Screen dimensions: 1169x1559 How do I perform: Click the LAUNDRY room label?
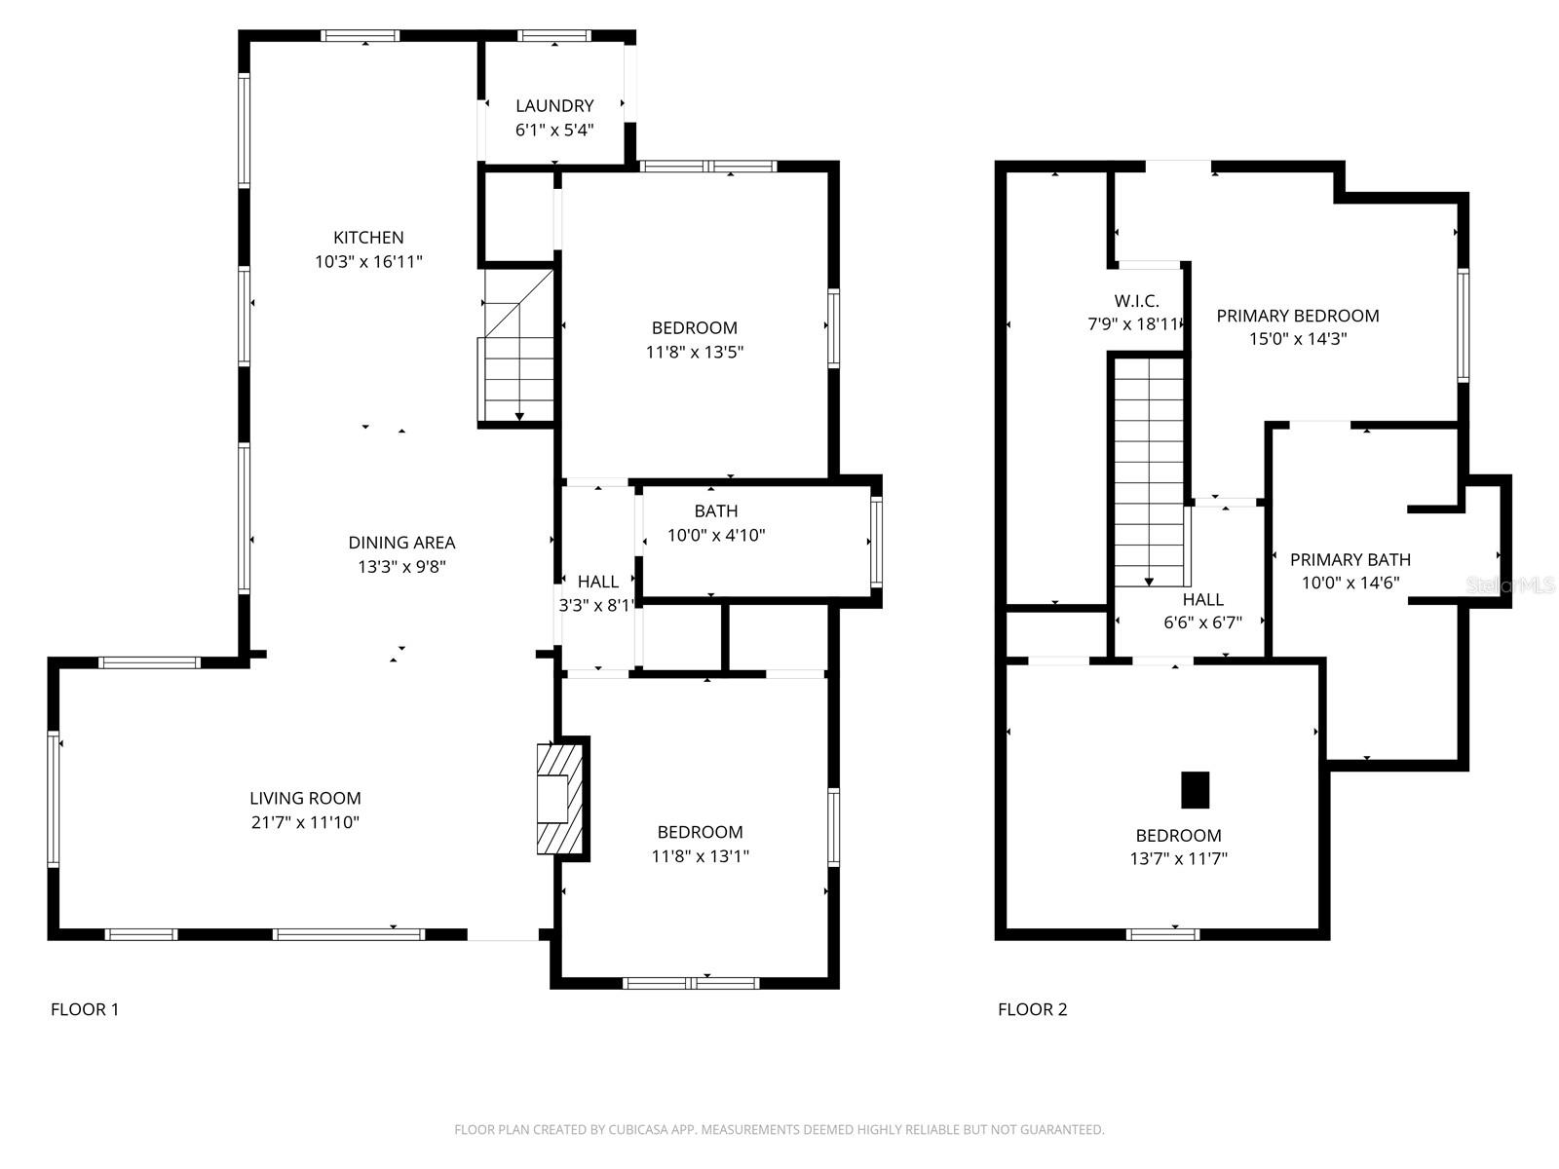(554, 105)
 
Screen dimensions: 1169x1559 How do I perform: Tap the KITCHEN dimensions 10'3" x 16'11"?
(368, 261)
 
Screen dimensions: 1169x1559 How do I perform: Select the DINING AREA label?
(401, 543)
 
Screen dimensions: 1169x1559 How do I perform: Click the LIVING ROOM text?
(305, 798)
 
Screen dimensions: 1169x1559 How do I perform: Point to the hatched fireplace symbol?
(561, 799)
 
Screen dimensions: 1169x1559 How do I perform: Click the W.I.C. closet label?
(1136, 301)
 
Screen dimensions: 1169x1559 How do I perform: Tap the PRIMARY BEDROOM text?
(1297, 316)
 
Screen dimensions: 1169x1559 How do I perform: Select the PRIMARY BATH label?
(1350, 559)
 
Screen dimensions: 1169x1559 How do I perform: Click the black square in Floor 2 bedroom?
(1195, 789)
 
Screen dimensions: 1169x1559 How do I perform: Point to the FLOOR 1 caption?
(85, 1009)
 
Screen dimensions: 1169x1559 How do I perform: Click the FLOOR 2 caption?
(1032, 1009)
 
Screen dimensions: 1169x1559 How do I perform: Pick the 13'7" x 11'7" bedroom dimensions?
(1178, 858)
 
